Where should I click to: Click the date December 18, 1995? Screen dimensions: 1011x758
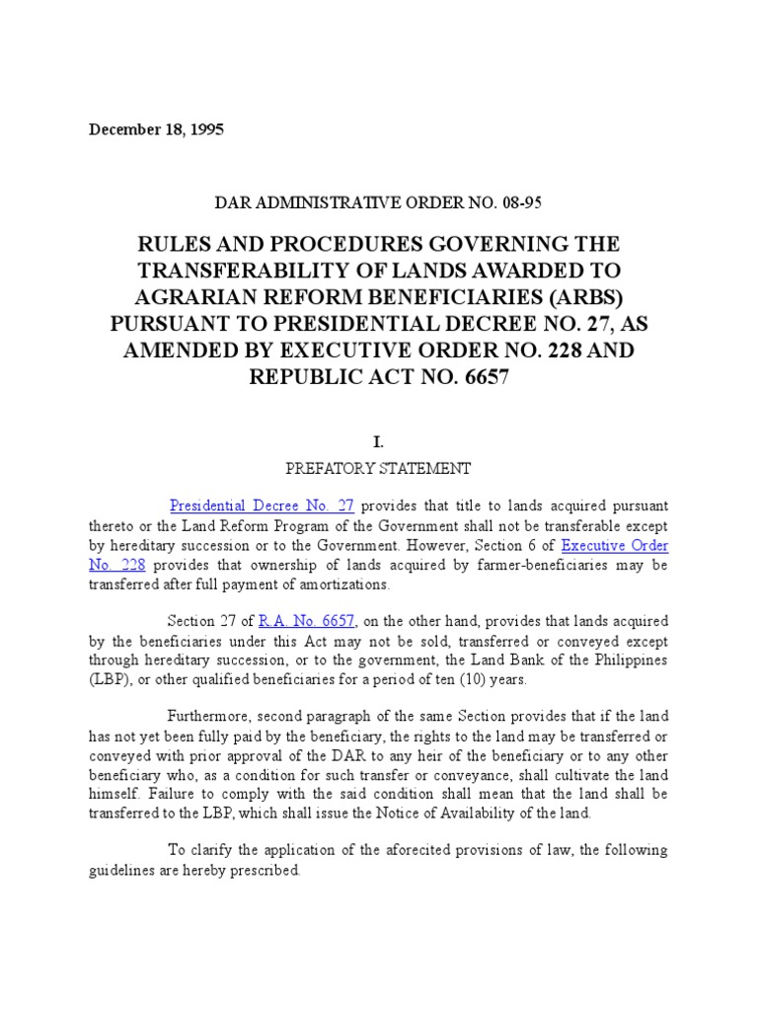(156, 129)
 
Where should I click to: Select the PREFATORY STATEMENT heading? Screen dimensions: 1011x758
(379, 468)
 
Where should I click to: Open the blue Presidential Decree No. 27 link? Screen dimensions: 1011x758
(262, 505)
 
